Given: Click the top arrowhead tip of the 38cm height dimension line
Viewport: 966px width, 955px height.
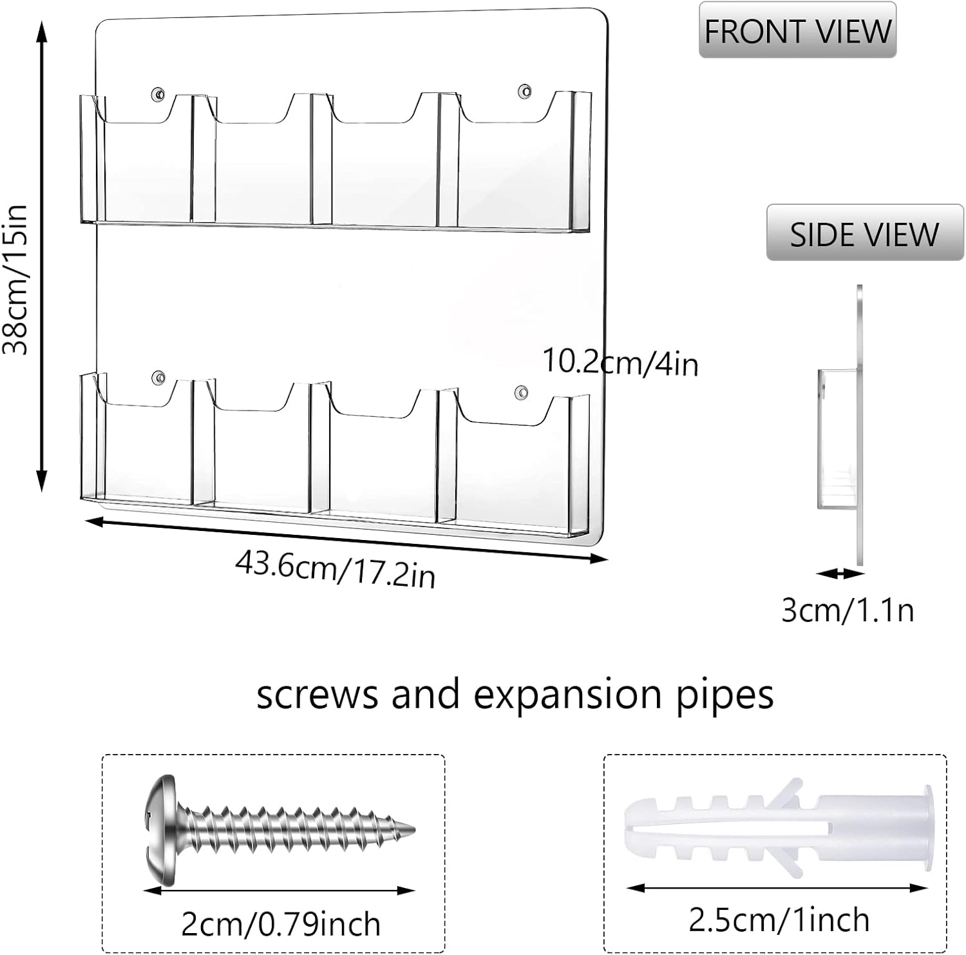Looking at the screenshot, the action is (x=42, y=21).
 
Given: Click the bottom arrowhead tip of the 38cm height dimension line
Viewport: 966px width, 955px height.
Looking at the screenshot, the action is (x=42, y=492).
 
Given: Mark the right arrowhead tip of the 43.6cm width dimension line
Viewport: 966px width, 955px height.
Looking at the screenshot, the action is (x=609, y=560).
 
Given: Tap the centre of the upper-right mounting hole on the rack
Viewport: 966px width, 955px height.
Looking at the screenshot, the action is (x=526, y=91).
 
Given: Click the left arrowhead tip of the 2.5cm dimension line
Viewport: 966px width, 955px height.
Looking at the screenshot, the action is (x=627, y=888).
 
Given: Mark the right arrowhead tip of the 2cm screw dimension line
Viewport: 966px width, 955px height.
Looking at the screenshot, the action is (x=416, y=891).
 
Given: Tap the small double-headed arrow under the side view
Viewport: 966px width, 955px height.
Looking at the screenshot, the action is (x=840, y=573).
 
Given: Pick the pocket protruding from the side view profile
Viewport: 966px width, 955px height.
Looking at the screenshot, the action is (x=838, y=438).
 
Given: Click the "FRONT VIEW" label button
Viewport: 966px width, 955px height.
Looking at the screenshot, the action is (x=797, y=30).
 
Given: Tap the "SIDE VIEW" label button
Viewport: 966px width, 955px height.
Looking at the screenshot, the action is (x=864, y=233).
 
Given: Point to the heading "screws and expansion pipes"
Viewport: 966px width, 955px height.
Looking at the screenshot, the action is (x=515, y=695).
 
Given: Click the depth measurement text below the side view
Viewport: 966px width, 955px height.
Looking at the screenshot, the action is (x=848, y=610).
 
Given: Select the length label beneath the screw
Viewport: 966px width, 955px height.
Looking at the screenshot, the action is (x=281, y=925).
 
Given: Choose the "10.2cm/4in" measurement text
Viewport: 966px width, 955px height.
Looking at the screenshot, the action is (x=620, y=362).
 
